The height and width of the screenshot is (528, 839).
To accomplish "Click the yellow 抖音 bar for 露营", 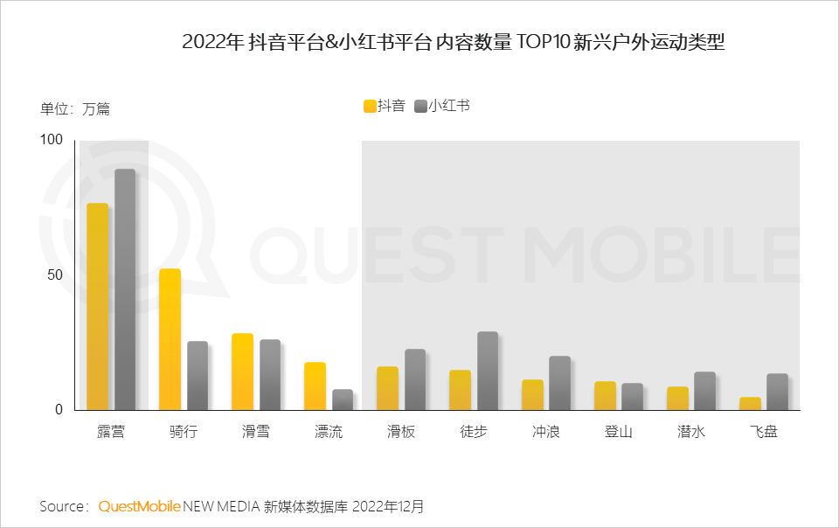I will coord(97,307).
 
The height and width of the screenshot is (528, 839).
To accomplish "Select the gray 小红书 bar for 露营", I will coord(125,289).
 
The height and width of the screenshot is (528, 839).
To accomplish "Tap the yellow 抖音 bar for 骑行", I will coord(170,339).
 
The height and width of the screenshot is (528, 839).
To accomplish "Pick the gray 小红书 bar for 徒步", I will coord(488,371).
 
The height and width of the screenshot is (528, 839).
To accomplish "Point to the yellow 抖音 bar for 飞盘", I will coord(750,404).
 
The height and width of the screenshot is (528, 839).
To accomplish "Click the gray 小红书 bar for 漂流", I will coord(343,399).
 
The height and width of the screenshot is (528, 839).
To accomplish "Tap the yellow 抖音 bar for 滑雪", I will coord(242,372).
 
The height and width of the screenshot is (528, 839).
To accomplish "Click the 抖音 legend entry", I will coord(385,106).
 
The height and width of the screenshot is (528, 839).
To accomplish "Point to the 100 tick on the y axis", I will coord(52,140).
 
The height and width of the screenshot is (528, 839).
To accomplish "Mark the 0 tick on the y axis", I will coord(59,409).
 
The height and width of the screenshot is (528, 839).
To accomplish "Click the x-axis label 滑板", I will coord(400,433).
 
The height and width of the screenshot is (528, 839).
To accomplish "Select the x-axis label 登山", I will coord(618,433).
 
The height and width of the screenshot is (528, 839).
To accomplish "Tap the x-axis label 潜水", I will coord(690,433).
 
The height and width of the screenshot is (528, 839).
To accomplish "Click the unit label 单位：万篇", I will coord(75,109).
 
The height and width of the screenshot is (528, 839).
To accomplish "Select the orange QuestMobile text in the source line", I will coord(139,506).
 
